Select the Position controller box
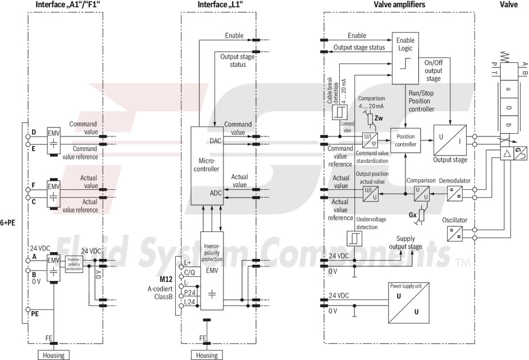click(x=405, y=140)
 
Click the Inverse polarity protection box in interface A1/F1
click(x=75, y=264)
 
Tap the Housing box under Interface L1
click(x=207, y=355)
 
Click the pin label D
click(x=34, y=133)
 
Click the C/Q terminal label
click(x=190, y=272)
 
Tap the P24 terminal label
click(x=190, y=293)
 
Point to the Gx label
click(x=413, y=215)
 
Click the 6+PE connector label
click(x=8, y=222)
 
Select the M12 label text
click(x=166, y=279)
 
